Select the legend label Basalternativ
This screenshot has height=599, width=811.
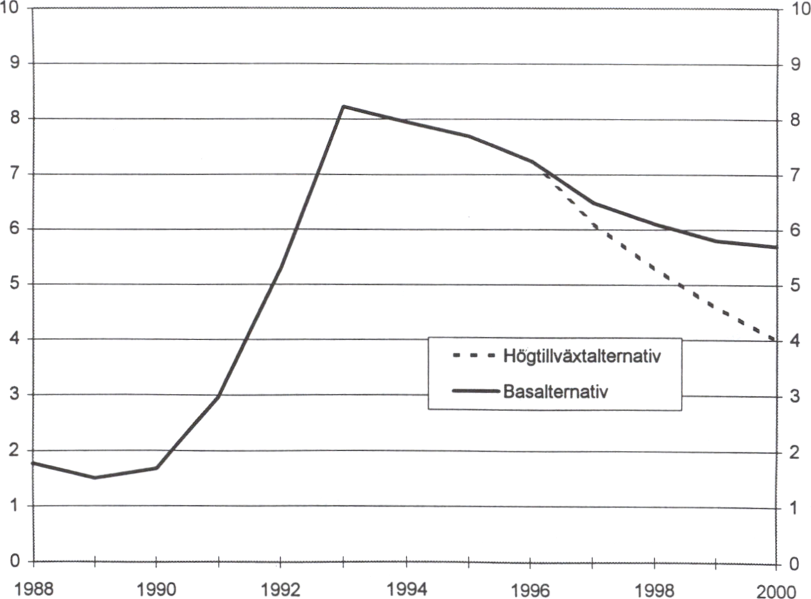557,390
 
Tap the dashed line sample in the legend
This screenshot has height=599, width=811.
473,356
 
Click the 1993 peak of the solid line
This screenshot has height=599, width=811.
343,106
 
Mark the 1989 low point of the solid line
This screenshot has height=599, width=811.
95,477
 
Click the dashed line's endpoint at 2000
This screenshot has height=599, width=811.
776,341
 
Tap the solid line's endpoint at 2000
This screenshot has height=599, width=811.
776,247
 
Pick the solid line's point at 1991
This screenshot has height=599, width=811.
219,396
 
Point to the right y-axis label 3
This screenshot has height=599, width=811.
792,397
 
